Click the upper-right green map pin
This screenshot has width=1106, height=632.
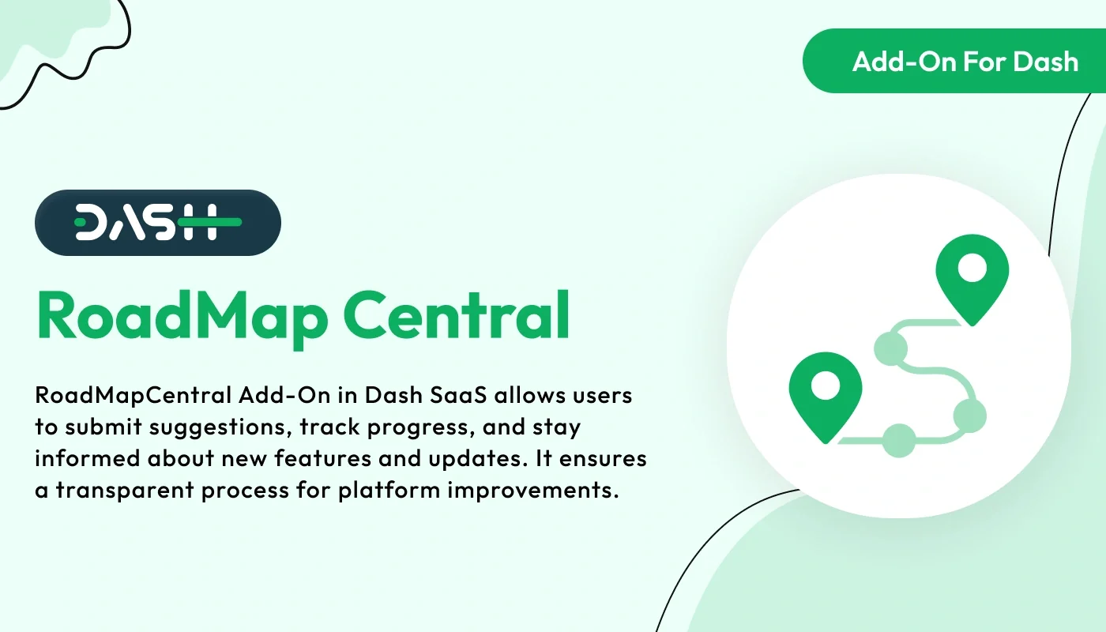point(972,276)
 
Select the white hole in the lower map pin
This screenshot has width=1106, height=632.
point(826,386)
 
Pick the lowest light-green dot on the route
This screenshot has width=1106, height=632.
point(898,441)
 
